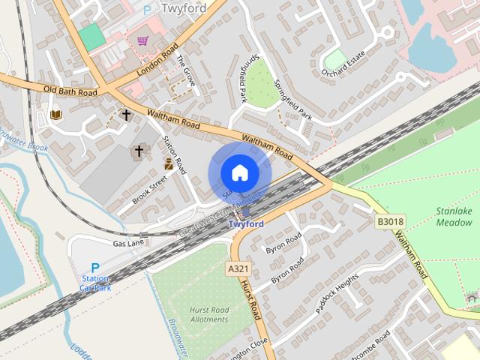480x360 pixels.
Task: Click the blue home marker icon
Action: [239, 173]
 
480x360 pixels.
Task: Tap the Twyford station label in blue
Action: [245, 224]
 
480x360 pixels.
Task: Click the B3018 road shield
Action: [390, 221]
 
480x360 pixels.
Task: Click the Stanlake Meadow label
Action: [454, 217]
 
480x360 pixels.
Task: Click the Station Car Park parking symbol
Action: [95, 268]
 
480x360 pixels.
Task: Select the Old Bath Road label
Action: [70, 91]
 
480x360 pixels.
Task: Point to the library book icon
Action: [55, 115]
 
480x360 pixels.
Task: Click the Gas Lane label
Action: [128, 243]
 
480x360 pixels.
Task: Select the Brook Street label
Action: [148, 190]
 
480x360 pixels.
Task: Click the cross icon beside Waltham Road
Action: [127, 115]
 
